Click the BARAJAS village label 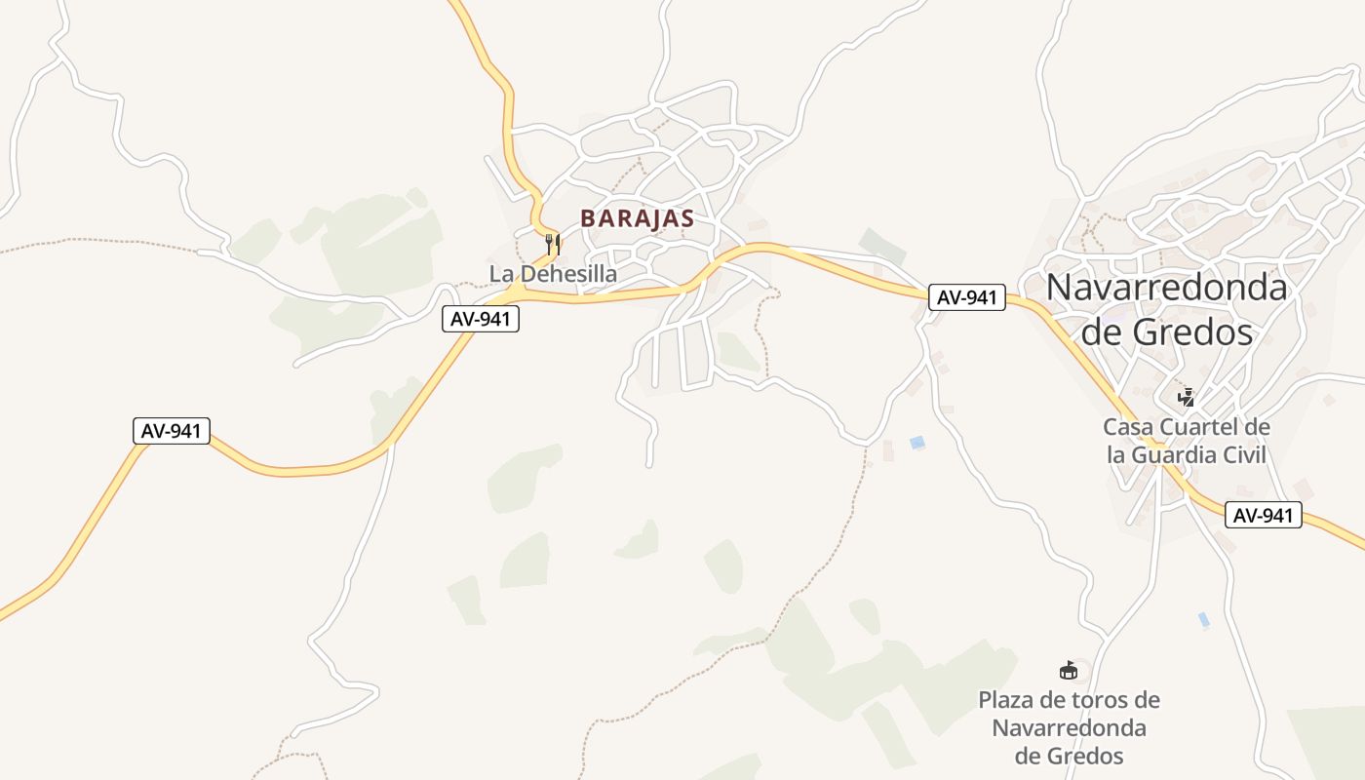coord(637,218)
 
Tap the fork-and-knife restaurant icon coord(553,244)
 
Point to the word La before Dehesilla coord(501,274)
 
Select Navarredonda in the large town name coord(1167,288)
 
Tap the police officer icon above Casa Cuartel coord(1187,397)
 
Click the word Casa coord(1127,427)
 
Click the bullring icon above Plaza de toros coord(1069,670)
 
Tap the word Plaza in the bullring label coord(1008,700)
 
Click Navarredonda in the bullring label coord(1069,728)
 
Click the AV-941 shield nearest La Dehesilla coord(481,318)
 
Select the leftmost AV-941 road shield coord(172,431)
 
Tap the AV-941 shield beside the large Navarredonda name coord(966,297)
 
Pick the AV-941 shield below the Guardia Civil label coord(1264,515)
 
